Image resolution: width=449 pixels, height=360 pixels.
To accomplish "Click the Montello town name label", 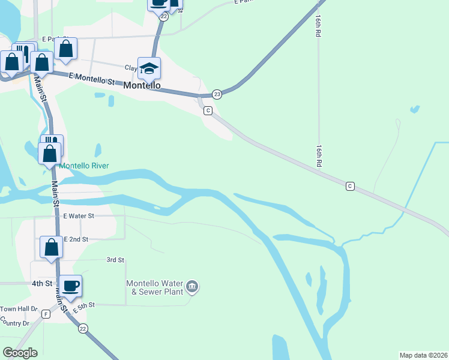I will tap(142, 86).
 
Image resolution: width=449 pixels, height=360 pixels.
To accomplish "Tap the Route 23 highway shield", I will tap(217, 94).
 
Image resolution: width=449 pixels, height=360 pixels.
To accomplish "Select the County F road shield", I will tap(46, 314).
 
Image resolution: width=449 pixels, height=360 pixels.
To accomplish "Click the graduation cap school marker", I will tap(149, 68).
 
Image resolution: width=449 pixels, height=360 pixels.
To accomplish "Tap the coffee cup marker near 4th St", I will tap(70, 286).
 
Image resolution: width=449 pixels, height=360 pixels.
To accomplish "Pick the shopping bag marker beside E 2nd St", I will tap(52, 247).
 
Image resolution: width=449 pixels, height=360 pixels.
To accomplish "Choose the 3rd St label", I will tap(115, 260).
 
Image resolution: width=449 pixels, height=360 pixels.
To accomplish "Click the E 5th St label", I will tap(84, 307).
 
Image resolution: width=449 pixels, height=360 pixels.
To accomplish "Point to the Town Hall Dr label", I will tap(19, 309).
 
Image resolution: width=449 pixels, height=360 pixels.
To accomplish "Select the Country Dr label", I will tap(15, 323).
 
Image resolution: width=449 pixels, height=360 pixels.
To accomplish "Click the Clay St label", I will tap(131, 68).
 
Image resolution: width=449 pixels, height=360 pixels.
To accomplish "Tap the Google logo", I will tap(20, 353).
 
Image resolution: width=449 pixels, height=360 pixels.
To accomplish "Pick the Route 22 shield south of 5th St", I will tap(82, 328).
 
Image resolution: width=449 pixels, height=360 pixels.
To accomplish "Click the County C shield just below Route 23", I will tap(208, 110).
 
